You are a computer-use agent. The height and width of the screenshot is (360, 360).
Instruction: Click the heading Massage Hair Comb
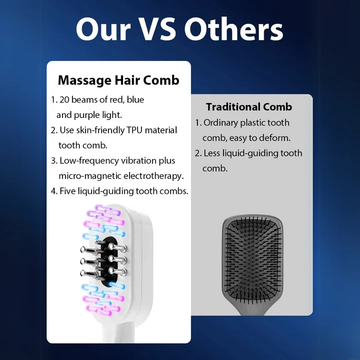pyautogui.click(x=118, y=80)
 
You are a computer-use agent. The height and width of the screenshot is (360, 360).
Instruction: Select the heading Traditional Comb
pyautogui.click(x=249, y=107)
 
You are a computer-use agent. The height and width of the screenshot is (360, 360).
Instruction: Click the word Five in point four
pyautogui.click(x=68, y=191)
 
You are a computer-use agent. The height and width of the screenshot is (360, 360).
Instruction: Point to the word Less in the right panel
pyautogui.click(x=212, y=153)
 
